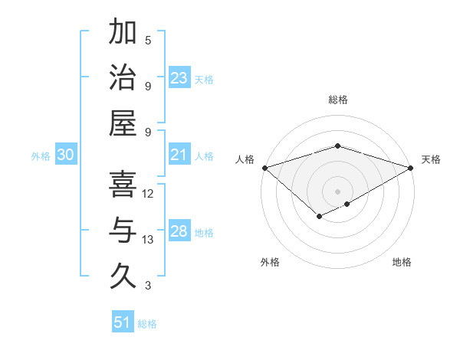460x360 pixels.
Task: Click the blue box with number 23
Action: [x=179, y=78]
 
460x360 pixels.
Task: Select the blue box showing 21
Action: [x=179, y=155]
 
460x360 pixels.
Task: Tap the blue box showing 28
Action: [x=179, y=232]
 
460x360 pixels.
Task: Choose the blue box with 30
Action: [x=66, y=155]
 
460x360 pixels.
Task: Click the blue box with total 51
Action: [x=123, y=322]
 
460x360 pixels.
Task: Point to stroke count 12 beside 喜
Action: [x=148, y=194]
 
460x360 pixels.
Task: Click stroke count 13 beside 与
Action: [x=148, y=240]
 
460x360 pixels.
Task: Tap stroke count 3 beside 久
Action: [x=148, y=286]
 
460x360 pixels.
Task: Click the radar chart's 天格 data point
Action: [x=411, y=168]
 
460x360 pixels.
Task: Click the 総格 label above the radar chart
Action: [x=337, y=100]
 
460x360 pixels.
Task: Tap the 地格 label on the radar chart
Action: [x=402, y=262]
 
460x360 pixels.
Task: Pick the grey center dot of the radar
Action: [x=337, y=191]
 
